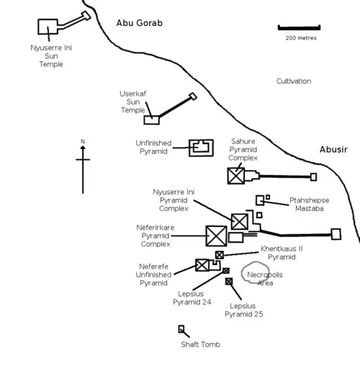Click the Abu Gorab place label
click(140, 23)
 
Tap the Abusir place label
click(333, 149)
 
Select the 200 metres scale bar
click(300, 27)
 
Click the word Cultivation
click(294, 81)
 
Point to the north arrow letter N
click(83, 141)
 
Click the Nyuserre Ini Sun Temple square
click(48, 27)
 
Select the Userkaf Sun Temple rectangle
click(151, 120)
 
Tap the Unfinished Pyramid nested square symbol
click(201, 148)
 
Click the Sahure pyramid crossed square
click(236, 175)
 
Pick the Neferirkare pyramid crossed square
click(216, 236)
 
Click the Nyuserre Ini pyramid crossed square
click(239, 221)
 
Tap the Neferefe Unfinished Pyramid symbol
click(202, 265)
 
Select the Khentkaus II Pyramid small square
click(220, 255)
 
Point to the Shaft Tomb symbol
click(181, 329)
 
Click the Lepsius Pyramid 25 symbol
click(229, 281)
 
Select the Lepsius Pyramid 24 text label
click(192, 297)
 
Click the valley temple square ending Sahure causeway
click(313, 176)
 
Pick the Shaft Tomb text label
click(200, 344)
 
